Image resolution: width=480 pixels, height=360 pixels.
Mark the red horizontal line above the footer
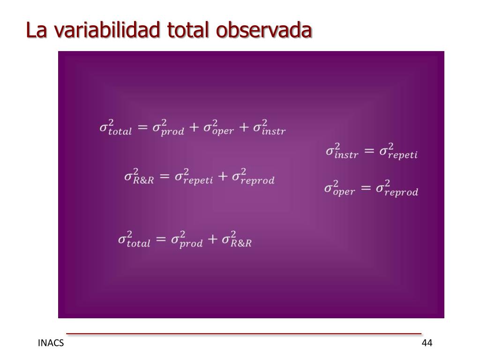[244, 334]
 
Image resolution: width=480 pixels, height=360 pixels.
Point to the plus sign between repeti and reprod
[223, 176]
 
